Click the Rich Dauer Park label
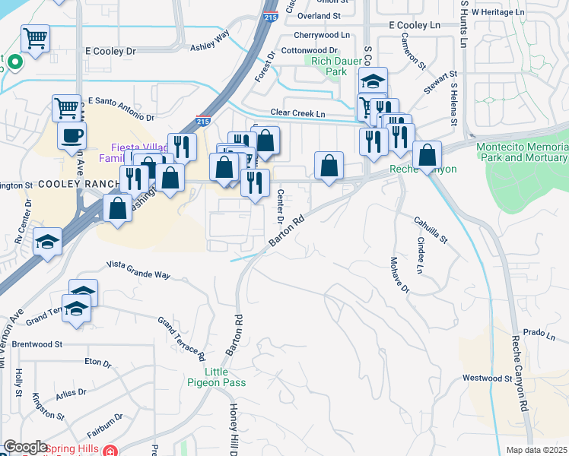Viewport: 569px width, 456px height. pyautogui.click(x=326, y=66)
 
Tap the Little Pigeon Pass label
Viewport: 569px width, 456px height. pyautogui.click(x=224, y=377)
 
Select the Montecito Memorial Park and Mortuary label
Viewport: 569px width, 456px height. pyautogui.click(x=522, y=152)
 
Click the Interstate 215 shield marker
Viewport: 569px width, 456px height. pyautogui.click(x=202, y=121)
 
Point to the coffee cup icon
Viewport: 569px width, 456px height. pyautogui.click(x=72, y=135)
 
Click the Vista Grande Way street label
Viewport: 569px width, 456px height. pyautogui.click(x=138, y=269)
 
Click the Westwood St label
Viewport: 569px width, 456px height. pyautogui.click(x=487, y=378)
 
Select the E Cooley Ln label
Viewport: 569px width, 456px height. pyautogui.click(x=414, y=25)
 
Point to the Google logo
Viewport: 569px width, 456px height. pyautogui.click(x=25, y=447)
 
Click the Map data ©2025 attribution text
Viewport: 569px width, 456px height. pyautogui.click(x=536, y=450)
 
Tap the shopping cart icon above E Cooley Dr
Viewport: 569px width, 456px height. pyautogui.click(x=35, y=38)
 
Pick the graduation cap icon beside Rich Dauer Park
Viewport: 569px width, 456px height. pyautogui.click(x=373, y=81)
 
